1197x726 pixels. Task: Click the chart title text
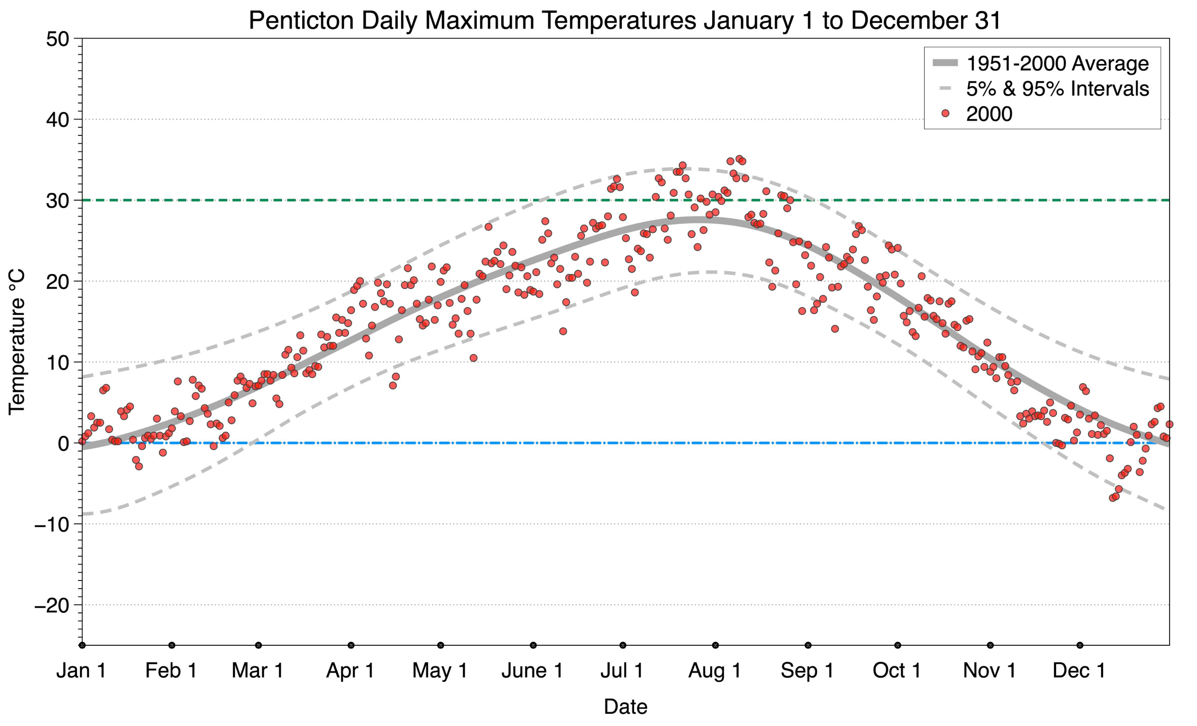coord(625,20)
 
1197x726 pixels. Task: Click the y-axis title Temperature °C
coord(17,342)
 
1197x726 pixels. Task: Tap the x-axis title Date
coord(625,706)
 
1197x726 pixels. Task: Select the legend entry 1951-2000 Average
coord(1057,63)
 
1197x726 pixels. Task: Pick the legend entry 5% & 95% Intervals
coord(1057,89)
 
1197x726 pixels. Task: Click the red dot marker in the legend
coord(945,114)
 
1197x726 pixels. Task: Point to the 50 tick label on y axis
coord(57,39)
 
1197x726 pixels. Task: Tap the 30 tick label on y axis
coord(57,201)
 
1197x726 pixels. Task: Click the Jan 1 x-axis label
coord(81,670)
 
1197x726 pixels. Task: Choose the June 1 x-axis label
coord(533,670)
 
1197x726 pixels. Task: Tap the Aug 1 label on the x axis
coord(715,670)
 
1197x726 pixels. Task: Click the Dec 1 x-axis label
coord(1079,670)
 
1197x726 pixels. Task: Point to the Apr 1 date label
coord(350,670)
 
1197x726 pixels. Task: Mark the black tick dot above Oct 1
coord(898,645)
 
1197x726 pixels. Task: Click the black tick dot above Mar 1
coord(259,645)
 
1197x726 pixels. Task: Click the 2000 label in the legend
coord(989,114)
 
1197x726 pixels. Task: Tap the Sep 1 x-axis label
coord(807,670)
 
